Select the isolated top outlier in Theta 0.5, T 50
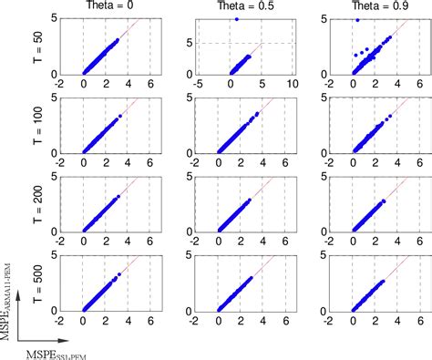tap(236, 18)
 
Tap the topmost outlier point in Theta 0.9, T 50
tap(357, 19)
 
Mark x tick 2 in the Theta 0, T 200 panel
tap(106, 242)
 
